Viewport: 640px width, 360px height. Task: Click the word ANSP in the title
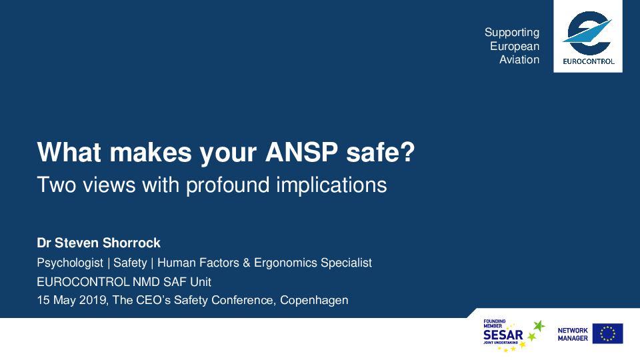301,152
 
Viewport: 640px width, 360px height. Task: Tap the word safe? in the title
381,152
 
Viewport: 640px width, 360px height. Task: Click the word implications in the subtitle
331,185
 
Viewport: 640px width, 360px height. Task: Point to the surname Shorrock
131,243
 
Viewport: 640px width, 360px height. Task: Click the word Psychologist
70,263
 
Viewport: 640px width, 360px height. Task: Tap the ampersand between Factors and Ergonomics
247,263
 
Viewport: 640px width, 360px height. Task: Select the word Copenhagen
314,301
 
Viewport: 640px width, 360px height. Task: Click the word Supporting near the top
512,33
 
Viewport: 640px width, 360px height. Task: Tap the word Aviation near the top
519,59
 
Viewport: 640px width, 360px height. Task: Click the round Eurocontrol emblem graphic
588,33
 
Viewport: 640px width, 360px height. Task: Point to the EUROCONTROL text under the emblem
589,61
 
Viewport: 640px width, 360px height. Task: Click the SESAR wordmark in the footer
503,335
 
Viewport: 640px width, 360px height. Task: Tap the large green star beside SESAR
539,326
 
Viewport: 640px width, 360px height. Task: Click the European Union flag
608,333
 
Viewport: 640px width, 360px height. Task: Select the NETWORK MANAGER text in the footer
573,334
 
